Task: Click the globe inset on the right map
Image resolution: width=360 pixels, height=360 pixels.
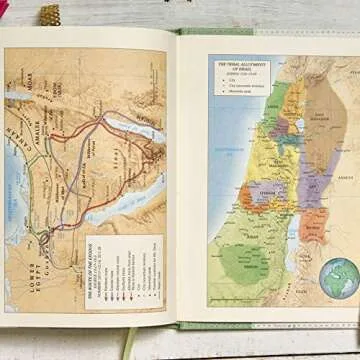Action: [338, 278]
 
